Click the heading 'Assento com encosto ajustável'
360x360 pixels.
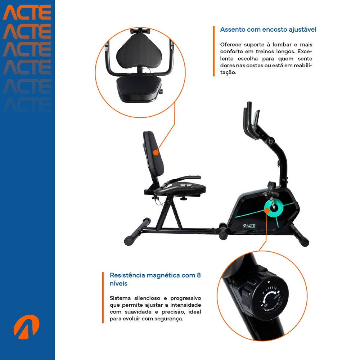point(268,30)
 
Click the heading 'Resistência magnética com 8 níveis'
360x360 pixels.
point(155,279)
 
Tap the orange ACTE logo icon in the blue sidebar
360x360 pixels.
point(26,327)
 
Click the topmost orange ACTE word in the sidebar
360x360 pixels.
point(27,13)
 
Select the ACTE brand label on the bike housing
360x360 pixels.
point(249,226)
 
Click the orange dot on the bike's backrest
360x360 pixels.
point(156,153)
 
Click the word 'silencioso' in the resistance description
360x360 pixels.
point(147,298)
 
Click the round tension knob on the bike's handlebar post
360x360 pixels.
point(270,141)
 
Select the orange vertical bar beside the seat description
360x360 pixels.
point(214,51)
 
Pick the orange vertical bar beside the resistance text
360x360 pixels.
point(103,298)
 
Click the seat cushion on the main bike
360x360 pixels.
point(181,189)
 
